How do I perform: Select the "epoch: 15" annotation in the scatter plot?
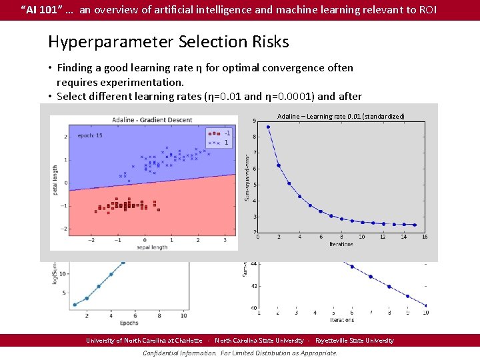coord(90,135)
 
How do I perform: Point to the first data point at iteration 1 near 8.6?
coord(269,127)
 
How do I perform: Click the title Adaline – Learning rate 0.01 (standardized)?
coord(341,117)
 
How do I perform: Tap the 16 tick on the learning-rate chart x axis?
coord(424,237)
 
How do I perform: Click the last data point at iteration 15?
coord(414,225)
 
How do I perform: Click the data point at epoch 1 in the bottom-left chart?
coord(75,305)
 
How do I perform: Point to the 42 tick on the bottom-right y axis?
coord(253,286)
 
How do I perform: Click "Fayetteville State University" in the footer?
coord(354,341)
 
